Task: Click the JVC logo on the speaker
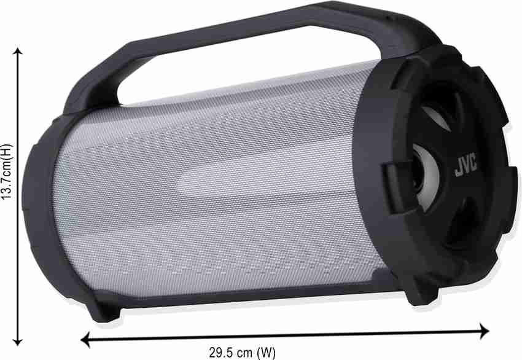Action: pyautogui.click(x=466, y=165)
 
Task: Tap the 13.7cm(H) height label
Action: pyautogui.click(x=7, y=171)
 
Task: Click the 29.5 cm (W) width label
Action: pyautogui.click(x=243, y=353)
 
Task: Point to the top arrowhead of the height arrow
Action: pyautogui.click(x=18, y=51)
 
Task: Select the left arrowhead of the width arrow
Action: pyautogui.click(x=85, y=339)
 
